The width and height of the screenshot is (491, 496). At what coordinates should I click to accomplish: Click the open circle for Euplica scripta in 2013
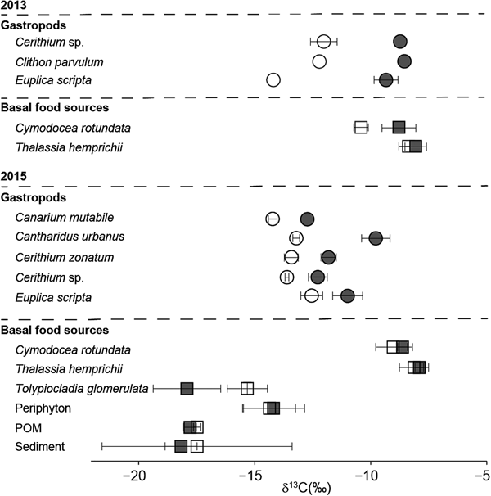pos(273,80)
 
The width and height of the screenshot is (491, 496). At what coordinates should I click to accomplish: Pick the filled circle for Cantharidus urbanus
pos(376,238)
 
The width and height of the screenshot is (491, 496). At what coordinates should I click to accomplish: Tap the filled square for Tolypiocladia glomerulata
pos(187,388)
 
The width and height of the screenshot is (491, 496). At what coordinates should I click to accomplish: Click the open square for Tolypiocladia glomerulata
pos(247,388)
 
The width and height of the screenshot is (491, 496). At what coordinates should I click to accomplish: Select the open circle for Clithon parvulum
pos(319,61)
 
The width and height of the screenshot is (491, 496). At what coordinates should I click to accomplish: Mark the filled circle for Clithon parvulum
pos(404,61)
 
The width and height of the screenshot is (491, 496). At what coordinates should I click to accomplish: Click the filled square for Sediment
pos(182,446)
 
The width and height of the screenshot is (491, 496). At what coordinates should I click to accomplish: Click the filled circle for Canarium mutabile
pos(307,219)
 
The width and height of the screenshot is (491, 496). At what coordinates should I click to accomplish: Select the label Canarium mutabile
pos(53,218)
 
